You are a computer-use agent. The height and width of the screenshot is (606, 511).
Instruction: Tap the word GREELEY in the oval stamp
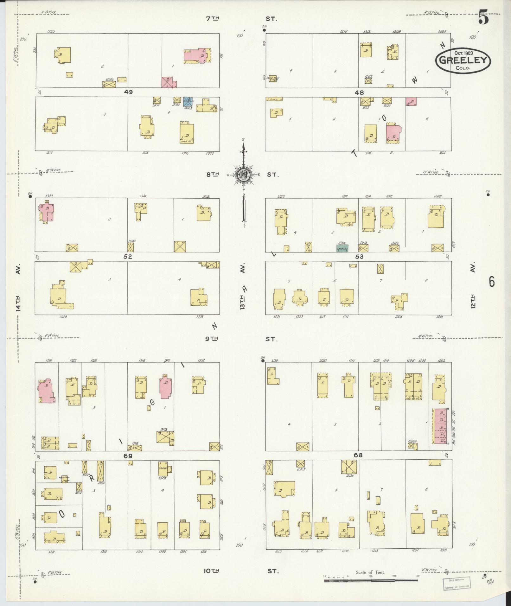tap(463, 60)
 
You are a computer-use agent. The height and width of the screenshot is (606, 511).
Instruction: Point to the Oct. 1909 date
tap(463, 53)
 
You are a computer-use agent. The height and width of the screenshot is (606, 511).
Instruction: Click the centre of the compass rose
tap(244, 175)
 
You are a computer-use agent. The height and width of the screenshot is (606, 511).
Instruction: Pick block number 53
tap(359, 256)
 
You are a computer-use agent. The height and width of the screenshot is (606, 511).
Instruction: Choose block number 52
tap(128, 256)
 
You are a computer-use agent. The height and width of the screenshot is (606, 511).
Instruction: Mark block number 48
tap(359, 92)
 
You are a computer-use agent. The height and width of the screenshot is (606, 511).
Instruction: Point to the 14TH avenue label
tap(18, 303)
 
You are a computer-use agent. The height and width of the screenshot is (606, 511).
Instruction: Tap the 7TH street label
tap(213, 19)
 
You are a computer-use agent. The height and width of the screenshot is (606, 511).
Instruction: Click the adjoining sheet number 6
tap(491, 281)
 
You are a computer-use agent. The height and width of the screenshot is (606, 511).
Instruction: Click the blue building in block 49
tap(188, 101)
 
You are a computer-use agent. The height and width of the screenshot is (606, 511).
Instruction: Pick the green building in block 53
tap(342, 248)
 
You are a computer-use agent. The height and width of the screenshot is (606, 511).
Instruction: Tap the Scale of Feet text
tap(370, 572)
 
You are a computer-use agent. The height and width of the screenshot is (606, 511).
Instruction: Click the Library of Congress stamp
tap(456, 583)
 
